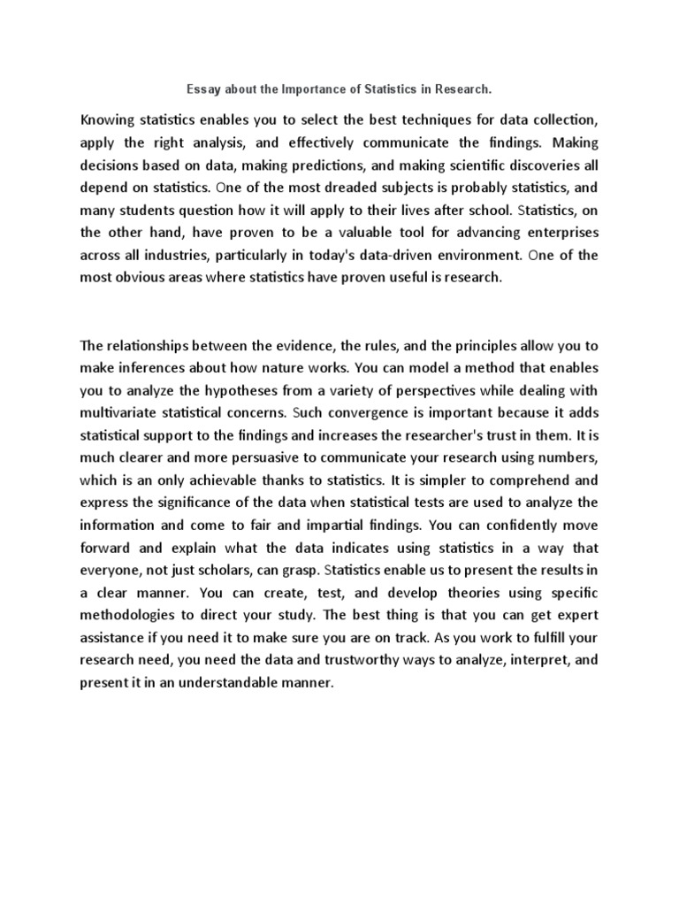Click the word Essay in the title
point(202,89)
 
